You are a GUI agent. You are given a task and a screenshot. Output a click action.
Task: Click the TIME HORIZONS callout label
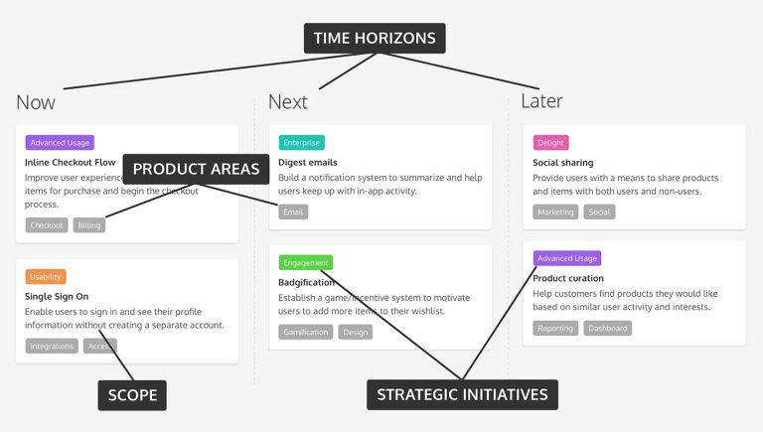[x=375, y=38]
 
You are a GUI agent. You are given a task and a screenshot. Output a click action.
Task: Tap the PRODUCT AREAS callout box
[x=196, y=169]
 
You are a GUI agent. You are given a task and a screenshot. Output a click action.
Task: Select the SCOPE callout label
[x=132, y=395]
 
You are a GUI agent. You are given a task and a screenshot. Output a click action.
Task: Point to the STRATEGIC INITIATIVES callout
[x=462, y=394]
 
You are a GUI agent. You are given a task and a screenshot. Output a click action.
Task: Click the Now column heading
[x=36, y=102]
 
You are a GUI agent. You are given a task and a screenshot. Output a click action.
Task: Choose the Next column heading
[x=288, y=101]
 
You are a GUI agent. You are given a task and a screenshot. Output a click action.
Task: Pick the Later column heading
[x=541, y=101]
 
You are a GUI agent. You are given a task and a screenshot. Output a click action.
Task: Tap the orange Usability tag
[x=46, y=277]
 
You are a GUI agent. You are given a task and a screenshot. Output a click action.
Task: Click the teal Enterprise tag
[x=302, y=143]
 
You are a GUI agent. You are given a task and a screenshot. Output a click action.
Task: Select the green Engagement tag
[x=306, y=263]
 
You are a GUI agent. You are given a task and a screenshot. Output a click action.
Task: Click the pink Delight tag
[x=551, y=143]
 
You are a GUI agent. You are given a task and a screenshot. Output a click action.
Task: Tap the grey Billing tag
[x=89, y=225]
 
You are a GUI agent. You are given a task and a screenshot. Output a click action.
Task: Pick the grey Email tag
[x=293, y=212]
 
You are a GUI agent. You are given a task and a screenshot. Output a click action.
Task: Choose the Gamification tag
[x=306, y=332]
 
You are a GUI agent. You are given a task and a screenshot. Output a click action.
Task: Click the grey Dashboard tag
[x=607, y=328]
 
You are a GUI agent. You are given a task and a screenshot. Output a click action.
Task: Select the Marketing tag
[x=556, y=212]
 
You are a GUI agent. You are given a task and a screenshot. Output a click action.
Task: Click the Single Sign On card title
[x=57, y=296]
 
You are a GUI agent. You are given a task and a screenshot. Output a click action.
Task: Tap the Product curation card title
[x=568, y=278]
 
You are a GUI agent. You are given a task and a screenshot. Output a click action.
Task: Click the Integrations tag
[x=52, y=346]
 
